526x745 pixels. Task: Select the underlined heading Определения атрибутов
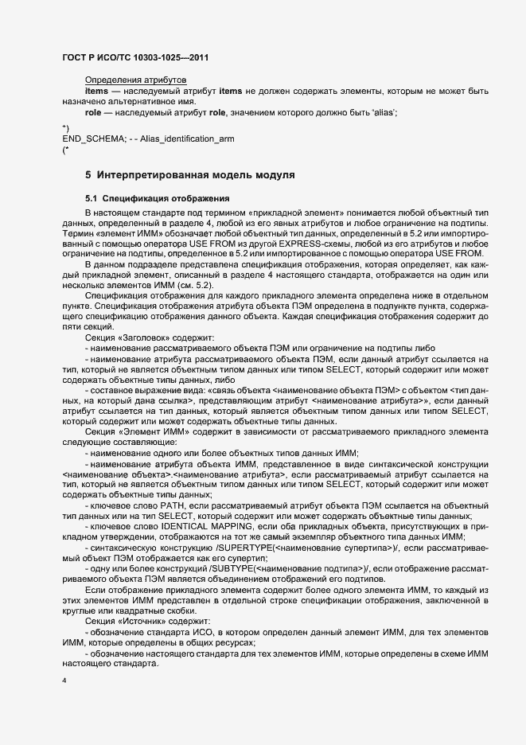coord(135,81)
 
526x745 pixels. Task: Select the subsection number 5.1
coord(92,197)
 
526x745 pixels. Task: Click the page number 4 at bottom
coord(64,681)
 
